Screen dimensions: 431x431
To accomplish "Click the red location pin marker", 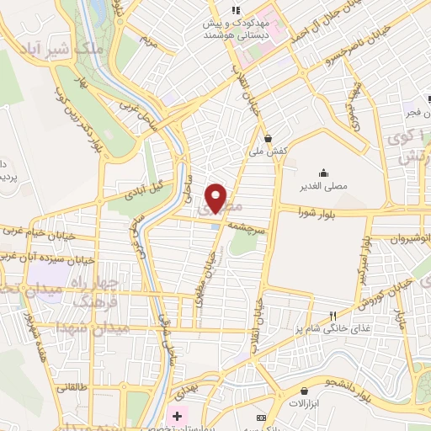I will tap(216, 197).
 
